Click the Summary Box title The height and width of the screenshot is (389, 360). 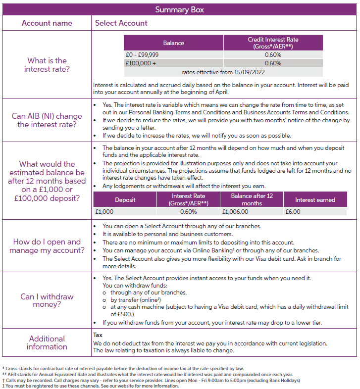point(179,10)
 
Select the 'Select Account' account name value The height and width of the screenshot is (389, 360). point(121,23)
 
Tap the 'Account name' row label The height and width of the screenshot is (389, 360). point(47,23)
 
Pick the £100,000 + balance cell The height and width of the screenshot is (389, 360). point(141,63)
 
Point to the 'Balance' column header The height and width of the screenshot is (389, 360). point(173,43)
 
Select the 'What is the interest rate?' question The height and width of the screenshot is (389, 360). point(47,65)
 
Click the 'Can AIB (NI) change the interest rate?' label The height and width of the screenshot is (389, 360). point(47,120)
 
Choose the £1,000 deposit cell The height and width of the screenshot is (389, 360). point(104,212)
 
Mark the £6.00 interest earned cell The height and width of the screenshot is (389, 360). point(293,212)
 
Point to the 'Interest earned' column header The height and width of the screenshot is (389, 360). point(315,200)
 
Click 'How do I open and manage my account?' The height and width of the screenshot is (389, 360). point(47,246)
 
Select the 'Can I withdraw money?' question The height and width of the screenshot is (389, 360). point(47,300)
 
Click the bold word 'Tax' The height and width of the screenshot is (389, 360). point(98,335)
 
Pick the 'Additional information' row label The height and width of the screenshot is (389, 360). point(47,342)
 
